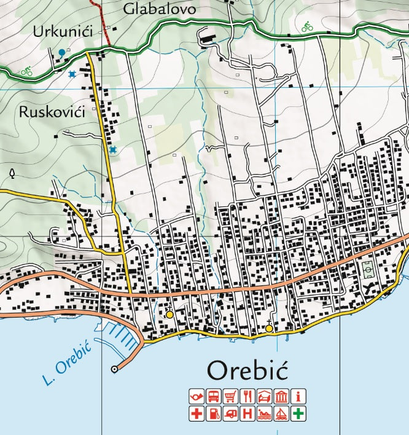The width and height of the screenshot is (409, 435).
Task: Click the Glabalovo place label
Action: [x=159, y=9]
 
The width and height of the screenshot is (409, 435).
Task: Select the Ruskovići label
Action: [x=51, y=112]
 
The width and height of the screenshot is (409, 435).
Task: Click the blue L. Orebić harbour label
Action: [x=68, y=365]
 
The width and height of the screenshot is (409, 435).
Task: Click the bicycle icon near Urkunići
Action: [x=26, y=71]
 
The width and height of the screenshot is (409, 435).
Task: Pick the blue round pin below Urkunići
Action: [x=62, y=52]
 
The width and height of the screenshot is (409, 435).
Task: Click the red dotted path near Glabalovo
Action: [x=103, y=22]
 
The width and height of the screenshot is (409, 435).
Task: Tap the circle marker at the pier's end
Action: [x=114, y=369]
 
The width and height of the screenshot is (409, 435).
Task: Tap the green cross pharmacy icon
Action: [x=298, y=413]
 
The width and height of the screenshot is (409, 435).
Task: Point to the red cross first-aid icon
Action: [x=197, y=413]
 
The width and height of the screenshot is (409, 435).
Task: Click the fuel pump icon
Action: [x=214, y=413]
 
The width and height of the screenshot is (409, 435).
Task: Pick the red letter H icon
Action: [x=247, y=413]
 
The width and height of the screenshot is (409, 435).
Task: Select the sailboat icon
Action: [x=281, y=413]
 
